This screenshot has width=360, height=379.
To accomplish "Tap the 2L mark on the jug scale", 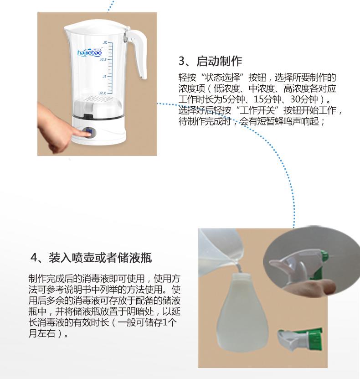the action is (x=104, y=42).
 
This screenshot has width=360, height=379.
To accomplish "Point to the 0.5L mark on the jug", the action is (x=102, y=93).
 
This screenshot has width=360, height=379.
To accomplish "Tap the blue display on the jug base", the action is (x=89, y=132).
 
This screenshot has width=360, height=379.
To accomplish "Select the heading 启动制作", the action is (x=219, y=61).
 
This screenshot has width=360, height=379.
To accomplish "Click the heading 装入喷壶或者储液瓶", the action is (x=100, y=258).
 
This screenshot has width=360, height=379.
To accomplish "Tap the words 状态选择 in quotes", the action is (x=222, y=78).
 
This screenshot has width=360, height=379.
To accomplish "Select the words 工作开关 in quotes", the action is (x=257, y=110).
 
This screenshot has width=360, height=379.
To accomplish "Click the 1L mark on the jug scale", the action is (x=104, y=76).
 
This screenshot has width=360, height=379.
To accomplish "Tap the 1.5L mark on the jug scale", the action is (x=103, y=59).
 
